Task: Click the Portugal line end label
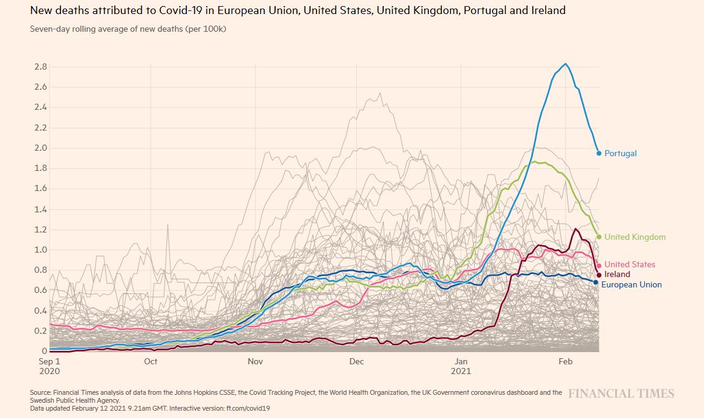620,154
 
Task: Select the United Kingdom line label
635,237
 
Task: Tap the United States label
629,265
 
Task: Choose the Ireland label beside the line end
617,275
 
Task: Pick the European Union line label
631,285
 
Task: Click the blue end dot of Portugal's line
599,153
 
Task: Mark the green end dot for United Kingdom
599,237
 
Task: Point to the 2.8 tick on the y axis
41,67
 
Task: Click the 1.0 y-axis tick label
41,250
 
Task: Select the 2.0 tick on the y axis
41,148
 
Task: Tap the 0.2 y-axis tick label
41,331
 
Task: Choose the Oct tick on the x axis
150,362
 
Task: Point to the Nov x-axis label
255,362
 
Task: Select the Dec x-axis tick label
356,362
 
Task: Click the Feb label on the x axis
566,362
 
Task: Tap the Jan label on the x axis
461,362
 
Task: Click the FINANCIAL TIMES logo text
621,394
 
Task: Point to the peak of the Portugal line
566,63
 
